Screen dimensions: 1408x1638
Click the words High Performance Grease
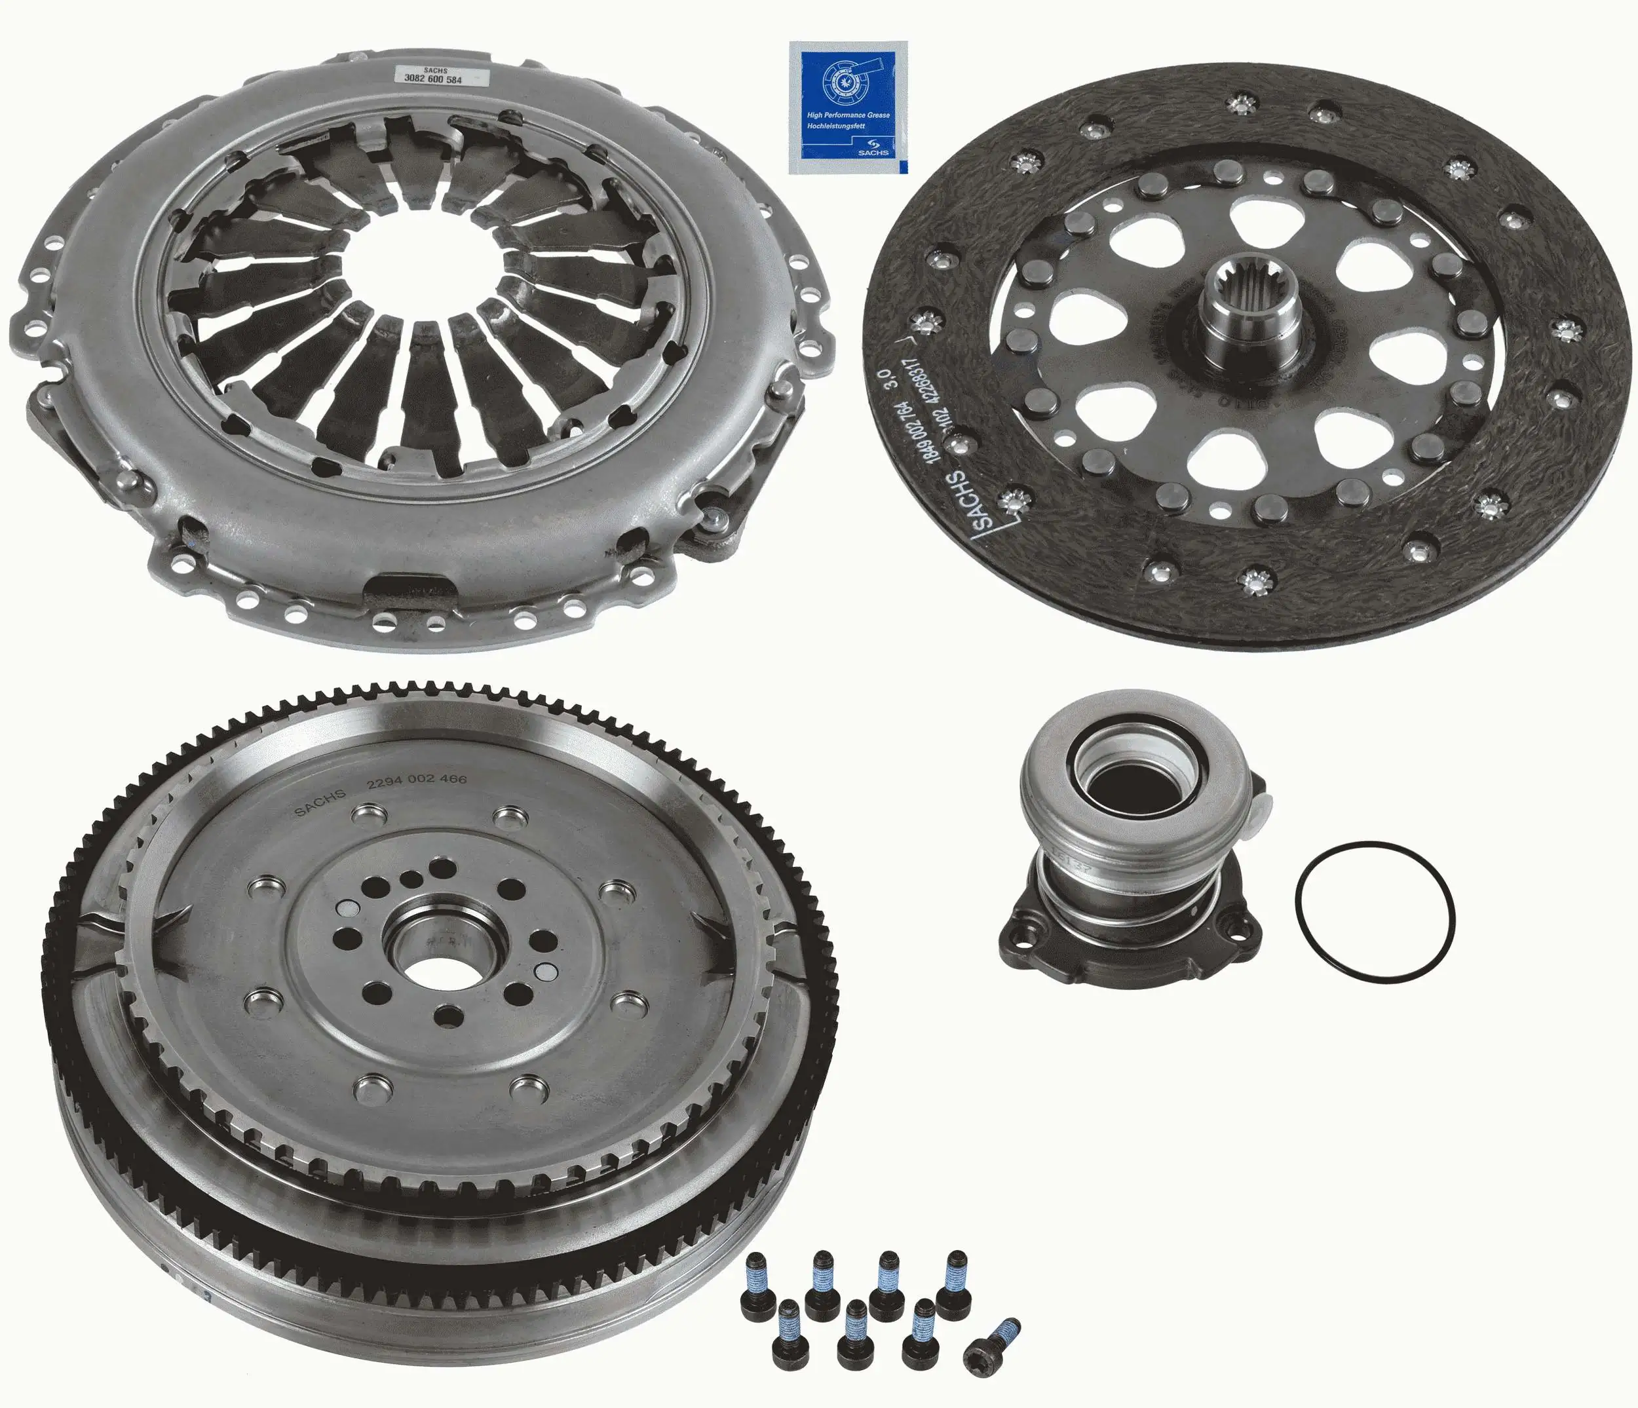point(847,115)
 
